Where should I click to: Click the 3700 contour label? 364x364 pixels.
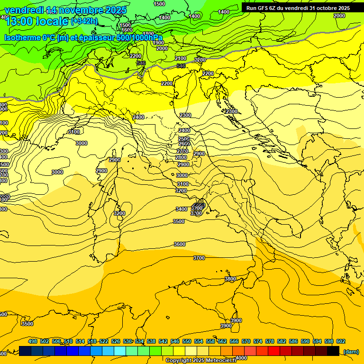pyautogui.click(x=199, y=258)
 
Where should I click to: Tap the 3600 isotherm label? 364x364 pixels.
pyautogui.click(x=180, y=244)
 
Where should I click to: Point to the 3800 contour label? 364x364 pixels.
pyautogui.click(x=230, y=279)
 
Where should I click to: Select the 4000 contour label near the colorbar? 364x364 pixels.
pyautogui.click(x=241, y=358)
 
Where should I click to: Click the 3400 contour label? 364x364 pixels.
pyautogui.click(x=181, y=209)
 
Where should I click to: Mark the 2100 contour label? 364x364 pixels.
pyautogui.click(x=181, y=58)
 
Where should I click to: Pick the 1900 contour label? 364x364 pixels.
pyautogui.click(x=158, y=43)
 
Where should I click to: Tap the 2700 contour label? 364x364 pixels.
pyautogui.click(x=182, y=151)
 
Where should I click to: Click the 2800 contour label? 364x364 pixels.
pyautogui.click(x=181, y=157)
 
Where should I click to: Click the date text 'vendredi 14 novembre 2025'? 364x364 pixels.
pyautogui.click(x=65, y=10)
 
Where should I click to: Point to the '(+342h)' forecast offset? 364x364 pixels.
pyautogui.click(x=84, y=21)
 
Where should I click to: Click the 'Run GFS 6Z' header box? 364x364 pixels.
pyautogui.click(x=298, y=8)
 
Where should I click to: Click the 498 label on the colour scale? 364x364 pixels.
pyautogui.click(x=33, y=342)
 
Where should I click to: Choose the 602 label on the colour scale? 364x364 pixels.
pyautogui.click(x=340, y=342)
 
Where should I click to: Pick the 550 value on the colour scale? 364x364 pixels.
pyautogui.click(x=187, y=342)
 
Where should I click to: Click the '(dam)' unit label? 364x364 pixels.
pyautogui.click(x=351, y=352)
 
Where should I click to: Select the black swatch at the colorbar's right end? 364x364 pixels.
pyautogui.click(x=333, y=351)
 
